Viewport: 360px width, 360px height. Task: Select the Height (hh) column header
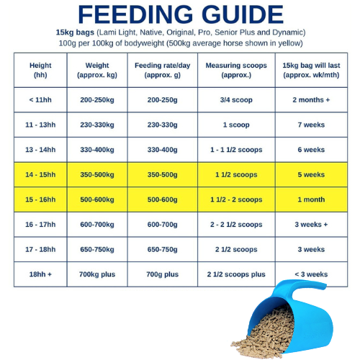pos(40,70)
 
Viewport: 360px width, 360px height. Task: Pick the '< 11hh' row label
pos(40,99)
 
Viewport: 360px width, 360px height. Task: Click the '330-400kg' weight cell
pos(102,150)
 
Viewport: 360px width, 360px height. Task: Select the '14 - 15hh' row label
pos(40,174)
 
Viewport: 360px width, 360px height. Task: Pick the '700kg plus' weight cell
pos(102,274)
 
